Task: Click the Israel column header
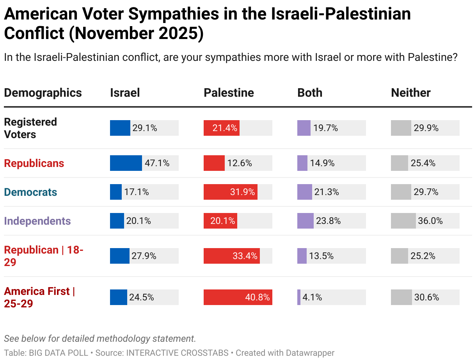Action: click(125, 93)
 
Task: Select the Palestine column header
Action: click(229, 93)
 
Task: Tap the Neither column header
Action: click(410, 93)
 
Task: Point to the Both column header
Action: click(310, 93)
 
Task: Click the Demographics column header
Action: click(43, 93)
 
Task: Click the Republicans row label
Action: click(34, 163)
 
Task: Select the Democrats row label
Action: click(30, 192)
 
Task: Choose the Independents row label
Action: click(37, 221)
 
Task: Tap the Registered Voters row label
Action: click(30, 128)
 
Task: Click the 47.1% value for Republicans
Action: click(157, 163)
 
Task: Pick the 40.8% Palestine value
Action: click(257, 297)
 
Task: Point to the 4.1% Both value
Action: click(312, 297)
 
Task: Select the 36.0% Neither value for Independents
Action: click(430, 221)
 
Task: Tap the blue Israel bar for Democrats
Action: click(116, 192)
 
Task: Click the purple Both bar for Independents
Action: click(305, 221)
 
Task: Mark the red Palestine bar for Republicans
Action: click(214, 163)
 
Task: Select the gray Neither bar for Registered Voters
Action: click(401, 128)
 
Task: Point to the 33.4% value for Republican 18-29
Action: click(245, 256)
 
